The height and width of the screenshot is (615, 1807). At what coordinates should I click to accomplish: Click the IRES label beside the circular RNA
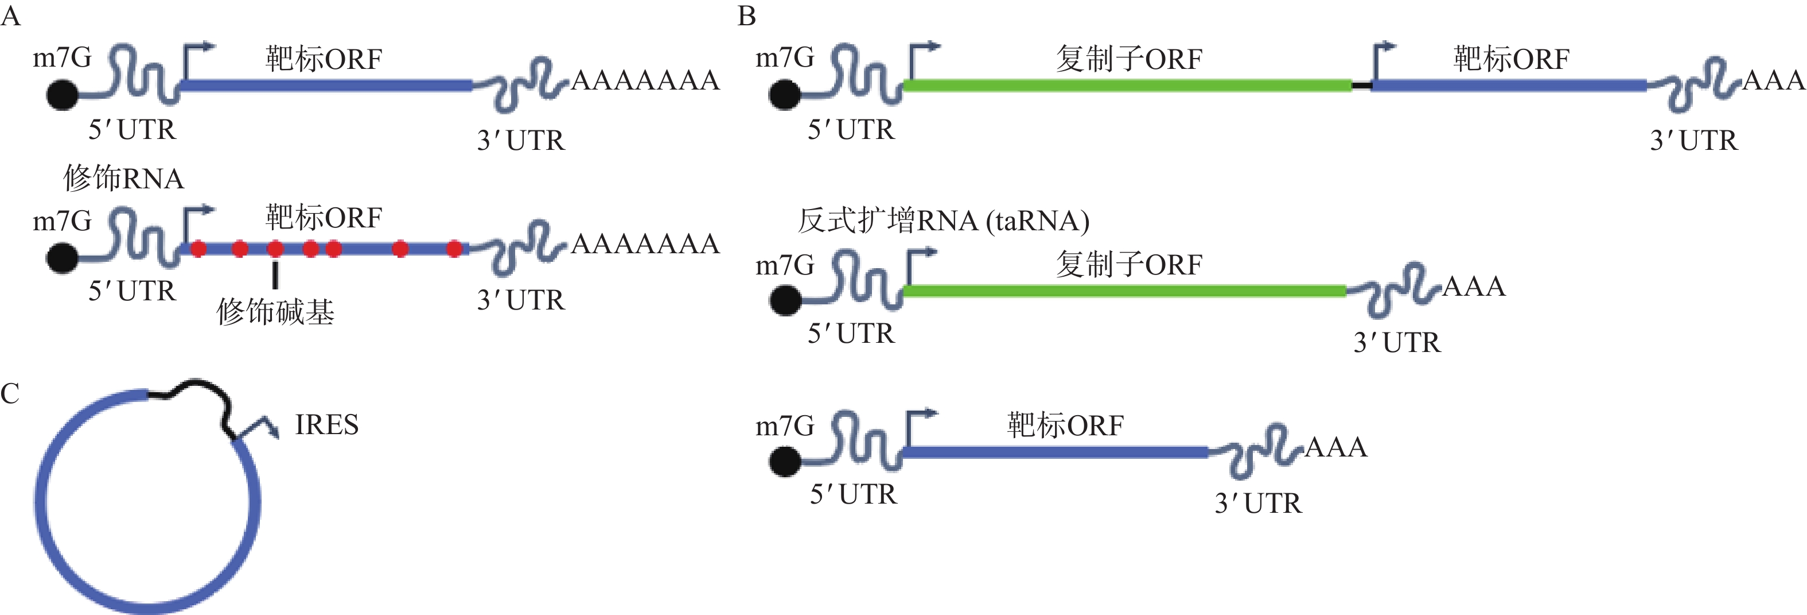pos(326,425)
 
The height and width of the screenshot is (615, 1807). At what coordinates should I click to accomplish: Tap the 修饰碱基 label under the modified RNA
pos(275,312)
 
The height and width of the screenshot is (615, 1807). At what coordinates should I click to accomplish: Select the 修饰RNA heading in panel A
pos(123,179)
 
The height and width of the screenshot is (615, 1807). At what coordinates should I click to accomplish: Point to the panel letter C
pos(10,394)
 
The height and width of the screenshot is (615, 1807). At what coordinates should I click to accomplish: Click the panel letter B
pos(747,16)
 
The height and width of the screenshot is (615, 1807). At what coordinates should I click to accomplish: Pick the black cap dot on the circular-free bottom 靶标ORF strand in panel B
pos(785,462)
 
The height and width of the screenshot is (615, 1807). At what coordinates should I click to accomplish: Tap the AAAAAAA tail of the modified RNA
pos(645,243)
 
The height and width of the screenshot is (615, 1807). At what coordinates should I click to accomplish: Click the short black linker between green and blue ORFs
pos(1361,86)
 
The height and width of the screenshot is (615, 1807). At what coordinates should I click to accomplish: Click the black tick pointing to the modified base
pos(275,274)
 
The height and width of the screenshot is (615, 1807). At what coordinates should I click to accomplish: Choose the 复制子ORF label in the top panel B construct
pos(1129,59)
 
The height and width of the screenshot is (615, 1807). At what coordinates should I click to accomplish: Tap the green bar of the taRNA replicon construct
pos(1123,291)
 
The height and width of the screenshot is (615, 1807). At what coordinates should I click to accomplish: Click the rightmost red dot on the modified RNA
pos(454,249)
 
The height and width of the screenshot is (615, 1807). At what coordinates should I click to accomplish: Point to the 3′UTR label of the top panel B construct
pos(1694,141)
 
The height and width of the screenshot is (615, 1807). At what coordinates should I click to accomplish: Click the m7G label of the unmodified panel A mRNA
pos(62,57)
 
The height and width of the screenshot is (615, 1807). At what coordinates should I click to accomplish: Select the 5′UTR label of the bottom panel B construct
pos(853,494)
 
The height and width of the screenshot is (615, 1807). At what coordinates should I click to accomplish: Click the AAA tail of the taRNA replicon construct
pos(1474,287)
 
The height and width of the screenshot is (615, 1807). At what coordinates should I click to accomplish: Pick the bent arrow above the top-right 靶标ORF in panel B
pos(1382,60)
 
